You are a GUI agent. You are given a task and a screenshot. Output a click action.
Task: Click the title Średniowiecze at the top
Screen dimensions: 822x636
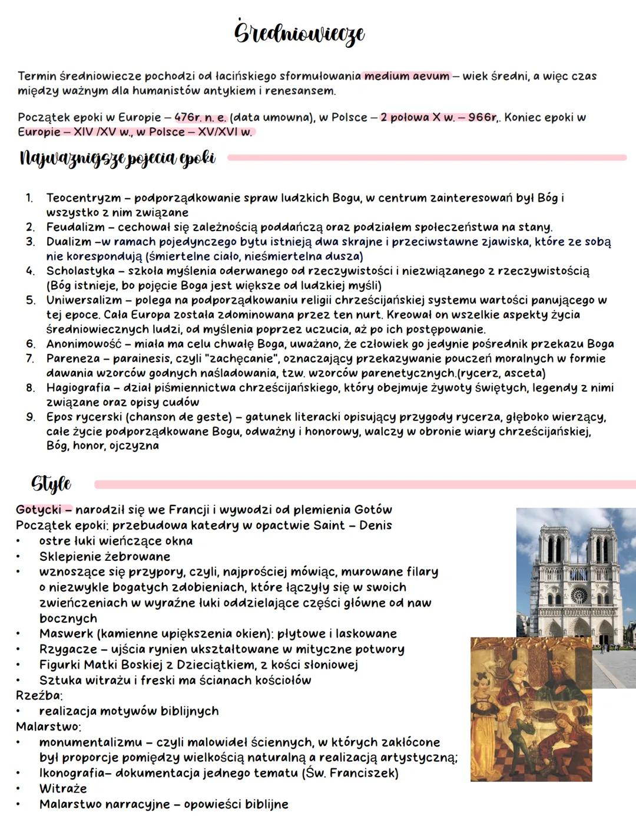[299, 34]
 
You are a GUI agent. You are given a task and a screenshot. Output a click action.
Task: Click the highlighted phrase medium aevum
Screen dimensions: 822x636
[406, 76]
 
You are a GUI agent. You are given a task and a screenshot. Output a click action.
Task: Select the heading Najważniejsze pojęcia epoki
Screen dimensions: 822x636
[117, 159]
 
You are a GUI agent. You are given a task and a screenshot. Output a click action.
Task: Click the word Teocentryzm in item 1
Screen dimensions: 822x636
[83, 198]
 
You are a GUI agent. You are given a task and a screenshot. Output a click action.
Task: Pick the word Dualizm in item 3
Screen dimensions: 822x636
[68, 242]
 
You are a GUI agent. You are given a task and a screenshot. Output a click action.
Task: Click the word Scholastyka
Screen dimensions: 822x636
[81, 271]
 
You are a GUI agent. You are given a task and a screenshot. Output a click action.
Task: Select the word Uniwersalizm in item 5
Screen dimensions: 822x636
[84, 300]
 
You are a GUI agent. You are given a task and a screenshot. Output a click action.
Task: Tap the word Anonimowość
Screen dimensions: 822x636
[84, 344]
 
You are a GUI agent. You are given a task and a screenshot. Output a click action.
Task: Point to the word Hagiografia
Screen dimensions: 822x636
[78, 388]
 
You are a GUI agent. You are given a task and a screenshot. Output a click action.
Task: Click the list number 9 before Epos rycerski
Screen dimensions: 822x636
[30, 417]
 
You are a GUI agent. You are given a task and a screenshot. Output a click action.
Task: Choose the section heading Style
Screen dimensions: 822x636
[51, 484]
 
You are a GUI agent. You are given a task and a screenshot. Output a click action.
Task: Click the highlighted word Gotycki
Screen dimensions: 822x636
[38, 509]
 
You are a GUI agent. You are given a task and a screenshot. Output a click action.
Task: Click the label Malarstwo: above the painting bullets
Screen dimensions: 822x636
[48, 726]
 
